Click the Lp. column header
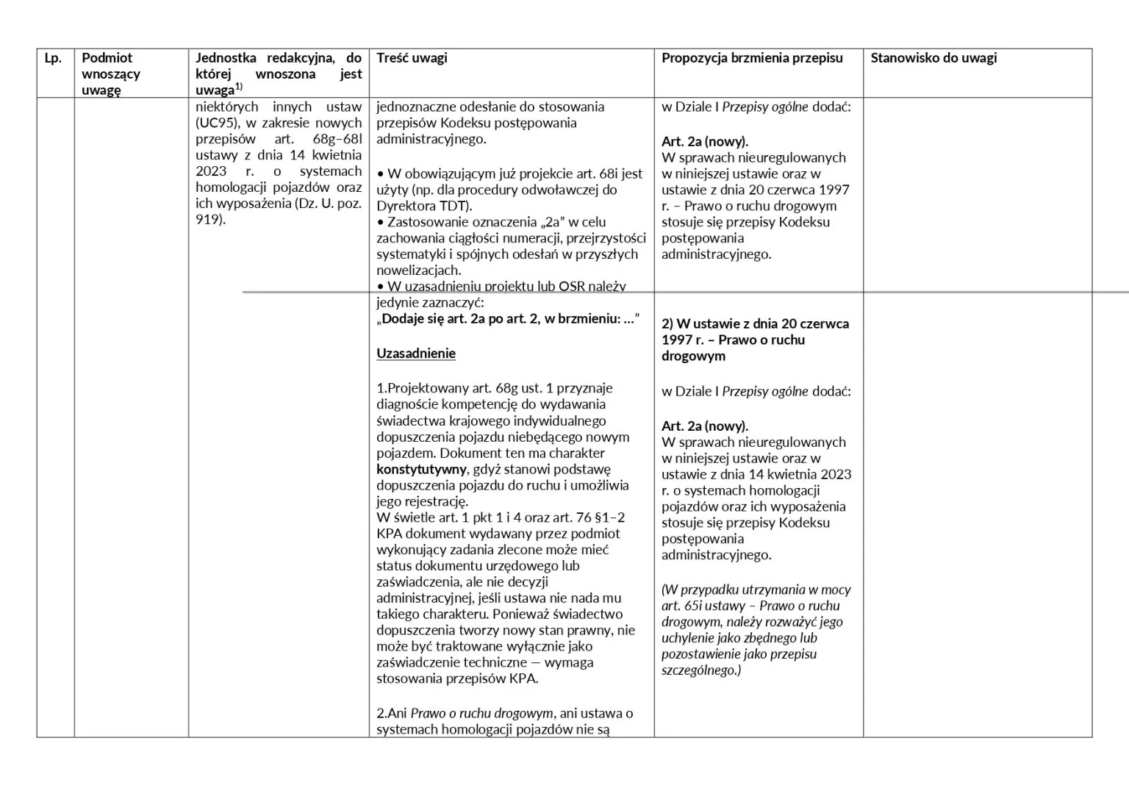point(53,58)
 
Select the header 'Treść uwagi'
point(412,58)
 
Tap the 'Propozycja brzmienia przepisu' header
point(752,58)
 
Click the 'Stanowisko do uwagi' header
point(933,58)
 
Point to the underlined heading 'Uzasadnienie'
point(416,354)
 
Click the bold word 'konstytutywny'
point(421,470)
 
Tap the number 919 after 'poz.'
point(209,220)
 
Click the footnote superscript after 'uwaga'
point(238,87)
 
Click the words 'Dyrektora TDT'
point(423,207)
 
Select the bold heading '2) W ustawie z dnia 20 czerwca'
point(755,324)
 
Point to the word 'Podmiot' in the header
point(107,58)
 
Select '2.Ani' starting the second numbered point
point(392,714)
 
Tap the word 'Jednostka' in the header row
point(226,58)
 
